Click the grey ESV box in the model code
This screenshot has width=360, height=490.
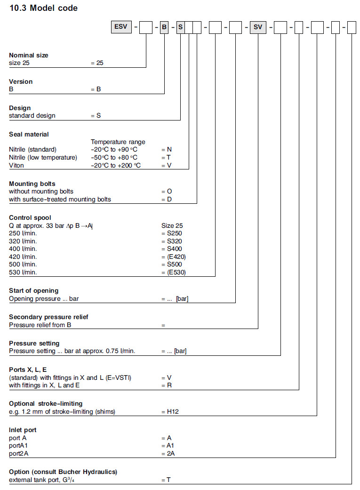[120, 27]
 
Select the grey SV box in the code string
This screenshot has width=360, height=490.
[258, 27]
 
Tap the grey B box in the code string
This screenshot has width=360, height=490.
[164, 27]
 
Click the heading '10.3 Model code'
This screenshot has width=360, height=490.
[43, 8]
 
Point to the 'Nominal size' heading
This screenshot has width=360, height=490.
[29, 55]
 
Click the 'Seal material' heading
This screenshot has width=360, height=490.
[29, 134]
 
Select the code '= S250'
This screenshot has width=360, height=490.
[171, 233]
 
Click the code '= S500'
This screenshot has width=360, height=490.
[171, 265]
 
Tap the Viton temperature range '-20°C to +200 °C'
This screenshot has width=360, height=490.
[116, 165]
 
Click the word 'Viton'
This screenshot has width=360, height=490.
[16, 165]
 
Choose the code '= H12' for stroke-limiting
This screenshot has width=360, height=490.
[169, 411]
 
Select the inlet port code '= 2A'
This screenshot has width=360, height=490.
[168, 453]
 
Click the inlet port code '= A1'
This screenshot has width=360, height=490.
[168, 445]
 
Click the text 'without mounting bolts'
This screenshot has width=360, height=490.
[41, 191]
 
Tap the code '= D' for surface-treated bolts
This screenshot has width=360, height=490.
[167, 199]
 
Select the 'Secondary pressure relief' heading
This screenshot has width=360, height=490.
[48, 317]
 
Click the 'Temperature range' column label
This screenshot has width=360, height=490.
[118, 142]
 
